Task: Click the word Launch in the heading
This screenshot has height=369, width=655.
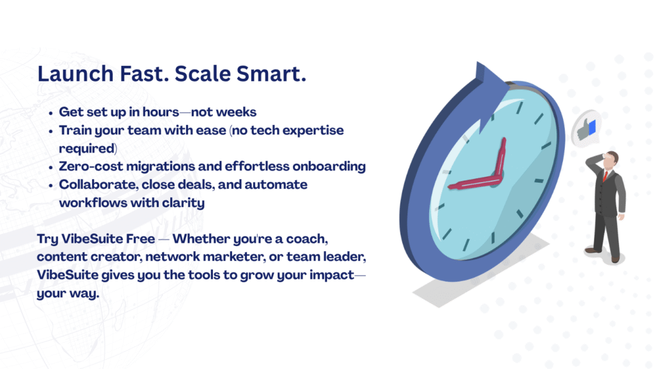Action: pos(75,74)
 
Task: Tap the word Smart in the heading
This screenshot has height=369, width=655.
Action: pos(271,74)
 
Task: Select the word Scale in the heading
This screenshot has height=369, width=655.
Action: pos(201,74)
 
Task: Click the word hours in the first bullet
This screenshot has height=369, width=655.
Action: pos(161,112)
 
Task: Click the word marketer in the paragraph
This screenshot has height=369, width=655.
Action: pos(238,257)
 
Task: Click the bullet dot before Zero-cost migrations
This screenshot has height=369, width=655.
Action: pos(51,167)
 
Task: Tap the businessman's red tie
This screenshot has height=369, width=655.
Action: pos(605,176)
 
